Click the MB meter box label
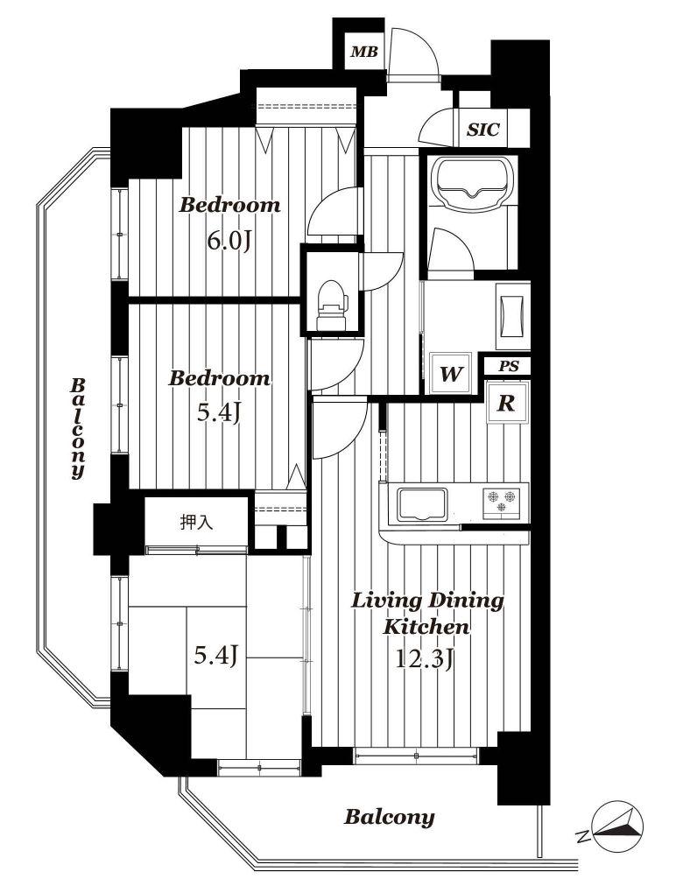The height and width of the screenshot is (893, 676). click(x=364, y=53)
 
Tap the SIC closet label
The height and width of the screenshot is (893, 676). click(x=483, y=130)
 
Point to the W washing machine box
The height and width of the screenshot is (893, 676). click(x=450, y=373)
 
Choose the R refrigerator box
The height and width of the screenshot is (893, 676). click(x=507, y=404)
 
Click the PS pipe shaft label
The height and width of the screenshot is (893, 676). click(x=509, y=366)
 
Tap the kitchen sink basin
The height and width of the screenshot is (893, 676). click(x=422, y=504)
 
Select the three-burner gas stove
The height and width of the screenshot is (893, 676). click(x=502, y=503)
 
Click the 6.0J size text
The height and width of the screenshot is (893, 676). click(x=229, y=242)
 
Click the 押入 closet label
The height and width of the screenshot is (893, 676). click(x=196, y=522)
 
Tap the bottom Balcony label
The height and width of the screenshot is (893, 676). click(x=389, y=818)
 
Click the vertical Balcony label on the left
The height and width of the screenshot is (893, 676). click(x=78, y=428)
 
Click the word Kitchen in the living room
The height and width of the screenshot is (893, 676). click(x=426, y=628)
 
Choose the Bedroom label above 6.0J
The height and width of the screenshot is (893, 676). click(x=230, y=205)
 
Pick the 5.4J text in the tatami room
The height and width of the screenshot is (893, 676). click(x=215, y=656)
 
